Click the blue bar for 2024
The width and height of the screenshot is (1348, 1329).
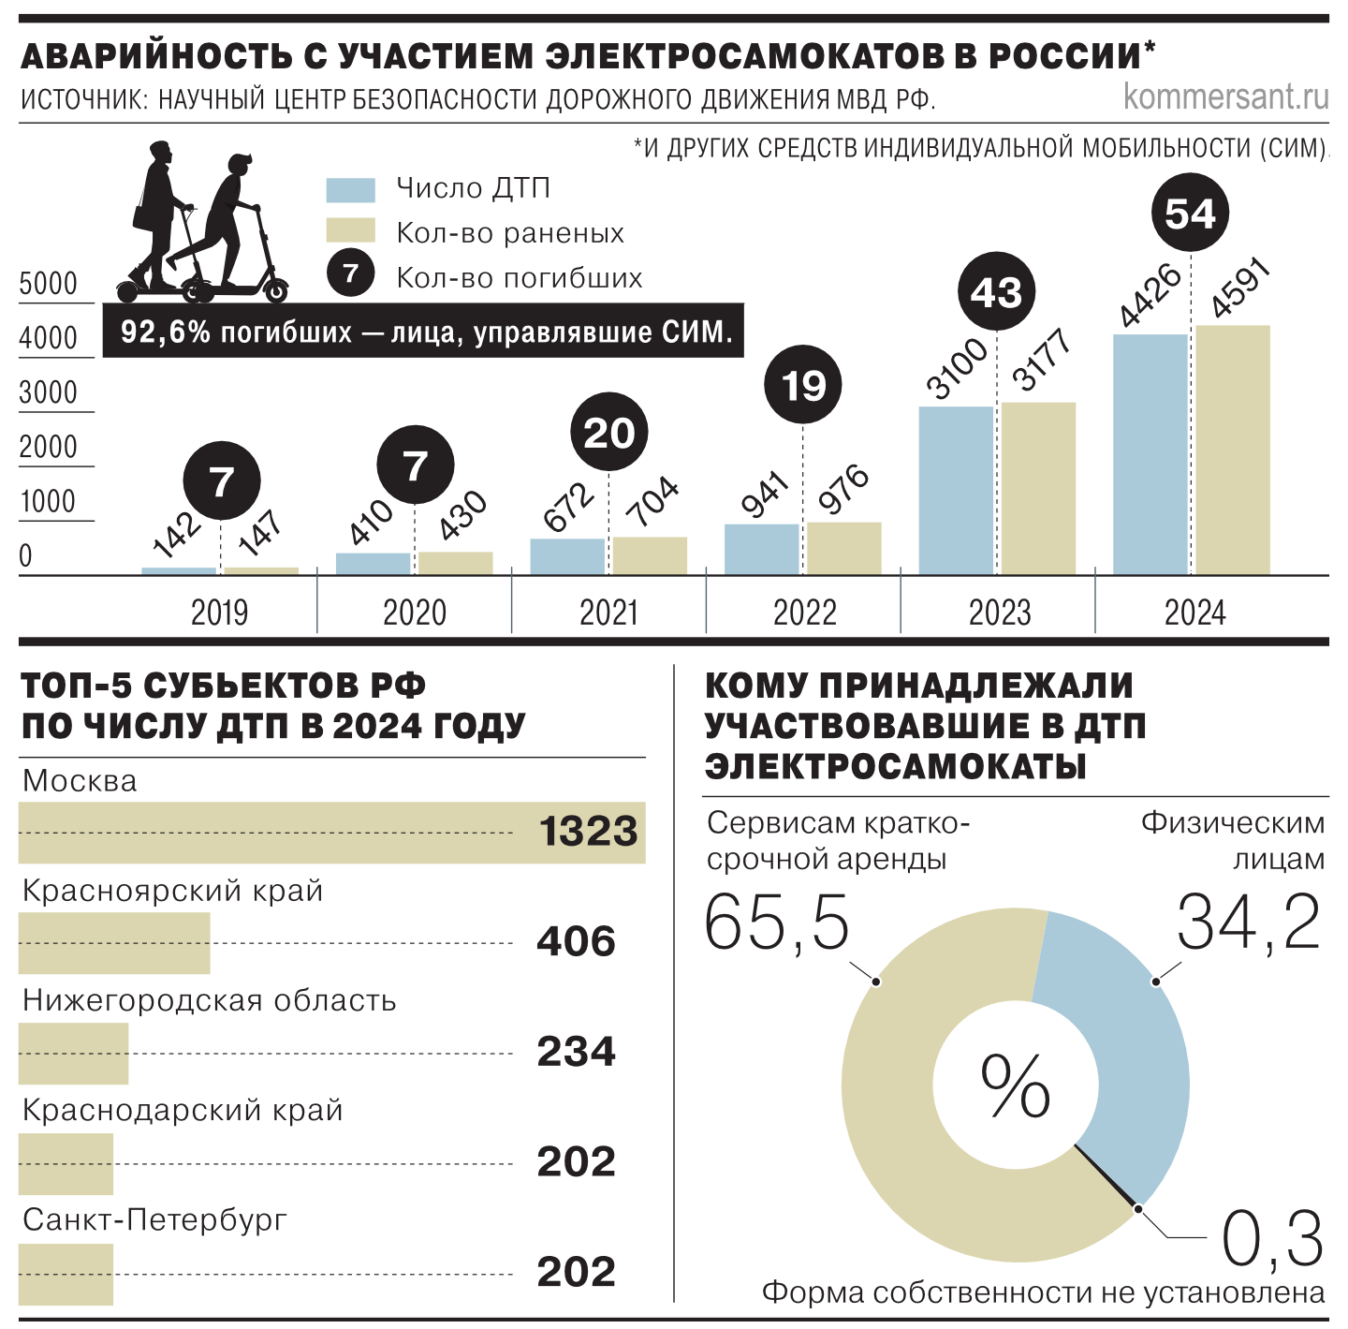click(1150, 455)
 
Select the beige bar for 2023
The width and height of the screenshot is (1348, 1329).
click(1038, 489)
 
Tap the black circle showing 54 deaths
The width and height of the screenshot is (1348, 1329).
click(1189, 213)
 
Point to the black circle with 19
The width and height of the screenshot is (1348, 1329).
click(803, 385)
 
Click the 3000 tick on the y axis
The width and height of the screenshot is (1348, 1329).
click(48, 392)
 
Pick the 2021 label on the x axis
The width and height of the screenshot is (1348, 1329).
click(608, 613)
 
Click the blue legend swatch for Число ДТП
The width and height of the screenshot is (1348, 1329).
click(351, 190)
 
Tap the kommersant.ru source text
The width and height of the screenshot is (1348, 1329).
click(1225, 96)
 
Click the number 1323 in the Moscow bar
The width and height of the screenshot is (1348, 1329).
click(588, 832)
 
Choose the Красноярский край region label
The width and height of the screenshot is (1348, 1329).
click(173, 891)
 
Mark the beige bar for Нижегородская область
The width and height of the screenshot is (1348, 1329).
click(73, 1053)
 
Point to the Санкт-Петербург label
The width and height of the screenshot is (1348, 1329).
click(154, 1219)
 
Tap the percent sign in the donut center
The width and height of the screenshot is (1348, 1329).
click(1016, 1086)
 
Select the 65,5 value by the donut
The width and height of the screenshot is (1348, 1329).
click(777, 923)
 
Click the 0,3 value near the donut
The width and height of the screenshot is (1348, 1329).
click(1272, 1239)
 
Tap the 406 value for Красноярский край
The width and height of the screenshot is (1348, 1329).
click(576, 941)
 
